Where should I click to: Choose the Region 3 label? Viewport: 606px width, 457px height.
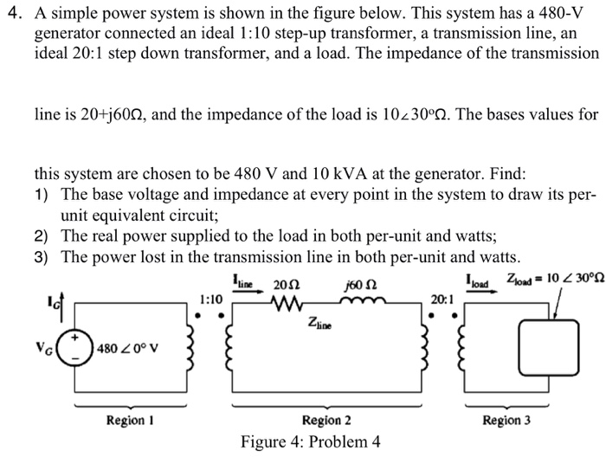[x=506, y=420]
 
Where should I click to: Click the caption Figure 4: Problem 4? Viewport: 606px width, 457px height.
[x=310, y=441]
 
